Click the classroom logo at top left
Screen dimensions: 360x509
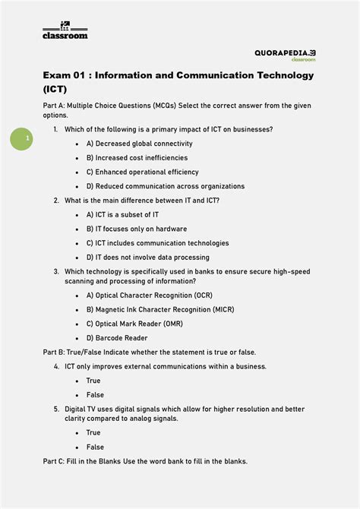[65, 30]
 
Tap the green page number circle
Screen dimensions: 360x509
[21, 139]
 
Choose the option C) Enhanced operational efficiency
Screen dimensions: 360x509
[142, 172]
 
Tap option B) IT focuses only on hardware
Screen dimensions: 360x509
[136, 229]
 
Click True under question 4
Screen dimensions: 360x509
[93, 381]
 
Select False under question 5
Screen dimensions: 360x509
[94, 447]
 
